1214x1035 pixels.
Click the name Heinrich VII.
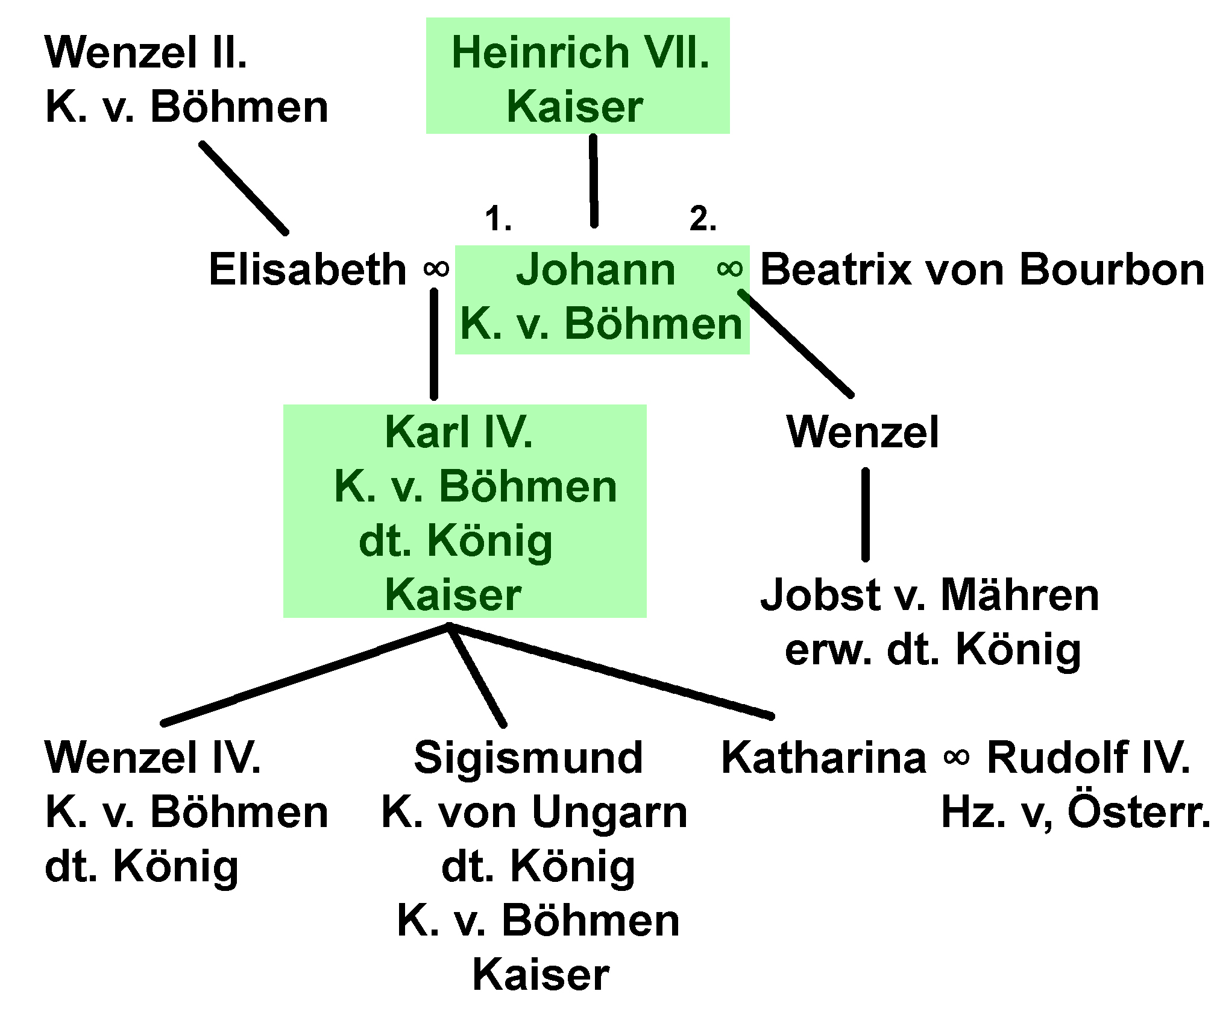click(580, 52)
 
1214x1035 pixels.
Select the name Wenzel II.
click(146, 52)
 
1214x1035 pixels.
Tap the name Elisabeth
click(307, 269)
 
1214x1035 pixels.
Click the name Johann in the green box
click(596, 269)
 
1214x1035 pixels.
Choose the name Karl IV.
click(459, 432)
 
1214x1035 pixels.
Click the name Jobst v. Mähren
click(929, 595)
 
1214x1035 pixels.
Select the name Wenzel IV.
click(153, 758)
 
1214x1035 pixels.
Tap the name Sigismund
click(529, 758)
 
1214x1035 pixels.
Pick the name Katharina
click(823, 758)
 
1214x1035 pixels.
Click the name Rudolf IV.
click(1089, 758)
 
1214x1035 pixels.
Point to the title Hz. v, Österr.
click(1075, 812)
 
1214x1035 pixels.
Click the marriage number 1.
click(498, 219)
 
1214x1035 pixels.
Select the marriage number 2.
click(703, 219)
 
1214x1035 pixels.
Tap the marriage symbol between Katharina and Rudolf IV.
click(957, 758)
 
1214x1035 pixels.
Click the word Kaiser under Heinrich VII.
click(575, 107)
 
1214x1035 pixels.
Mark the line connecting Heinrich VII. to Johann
click(594, 181)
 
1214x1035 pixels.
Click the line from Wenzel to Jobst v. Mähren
click(866, 514)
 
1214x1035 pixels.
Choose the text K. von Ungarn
click(535, 812)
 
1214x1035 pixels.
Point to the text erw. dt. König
click(933, 649)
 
